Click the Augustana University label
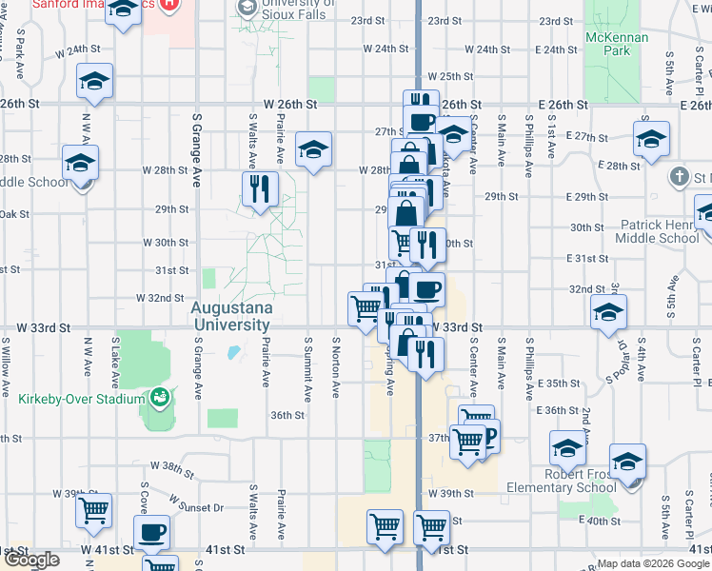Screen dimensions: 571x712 [231, 316]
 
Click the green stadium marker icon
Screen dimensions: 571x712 [159, 397]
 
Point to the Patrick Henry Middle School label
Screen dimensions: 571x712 [660, 232]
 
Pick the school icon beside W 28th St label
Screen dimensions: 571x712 [312, 149]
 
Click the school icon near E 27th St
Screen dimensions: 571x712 [651, 138]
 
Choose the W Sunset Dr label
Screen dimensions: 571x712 [194, 503]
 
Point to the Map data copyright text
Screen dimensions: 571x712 [653, 563]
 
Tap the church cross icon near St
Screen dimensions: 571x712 [679, 177]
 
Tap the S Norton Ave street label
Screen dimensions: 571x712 [336, 366]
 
